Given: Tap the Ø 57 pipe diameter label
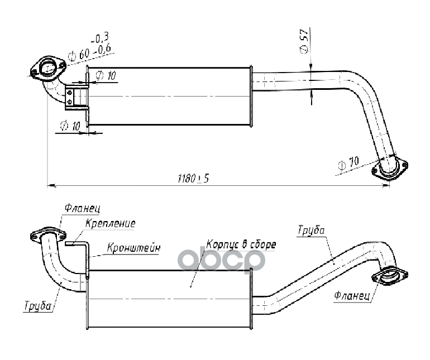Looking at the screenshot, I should click(304, 42).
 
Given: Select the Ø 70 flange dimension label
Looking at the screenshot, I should click(348, 165).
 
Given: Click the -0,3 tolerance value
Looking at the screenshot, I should click(101, 38).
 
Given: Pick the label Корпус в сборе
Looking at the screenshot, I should click(241, 244).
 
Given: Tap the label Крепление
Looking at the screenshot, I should click(111, 223).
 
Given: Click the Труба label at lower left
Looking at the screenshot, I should click(37, 305).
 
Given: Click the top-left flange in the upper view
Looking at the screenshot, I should click(48, 69).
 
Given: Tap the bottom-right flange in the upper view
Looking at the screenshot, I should click(391, 166).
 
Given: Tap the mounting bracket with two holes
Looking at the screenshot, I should click(70, 96).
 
